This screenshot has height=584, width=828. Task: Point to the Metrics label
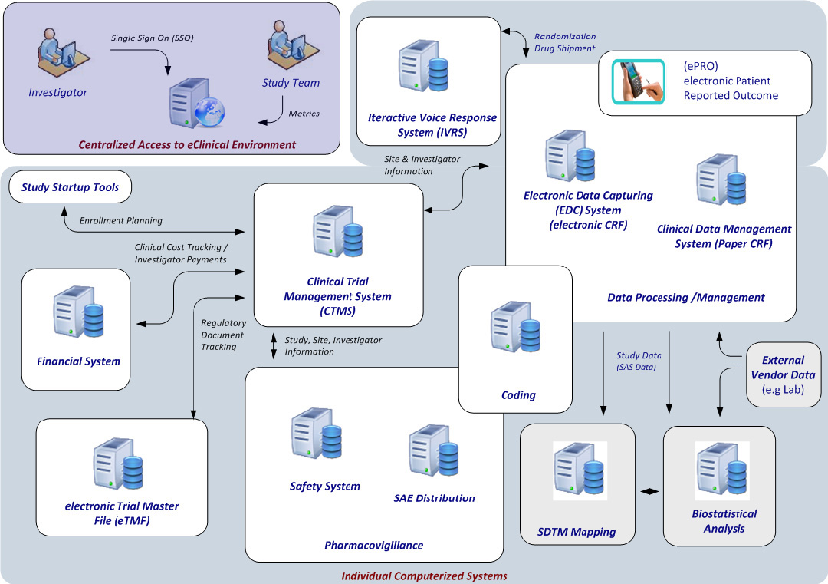304,114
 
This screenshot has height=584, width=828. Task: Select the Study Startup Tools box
70,187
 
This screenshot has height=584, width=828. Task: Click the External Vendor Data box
783,374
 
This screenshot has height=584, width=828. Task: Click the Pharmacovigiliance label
373,545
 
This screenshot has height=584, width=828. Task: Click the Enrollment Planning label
121,220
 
